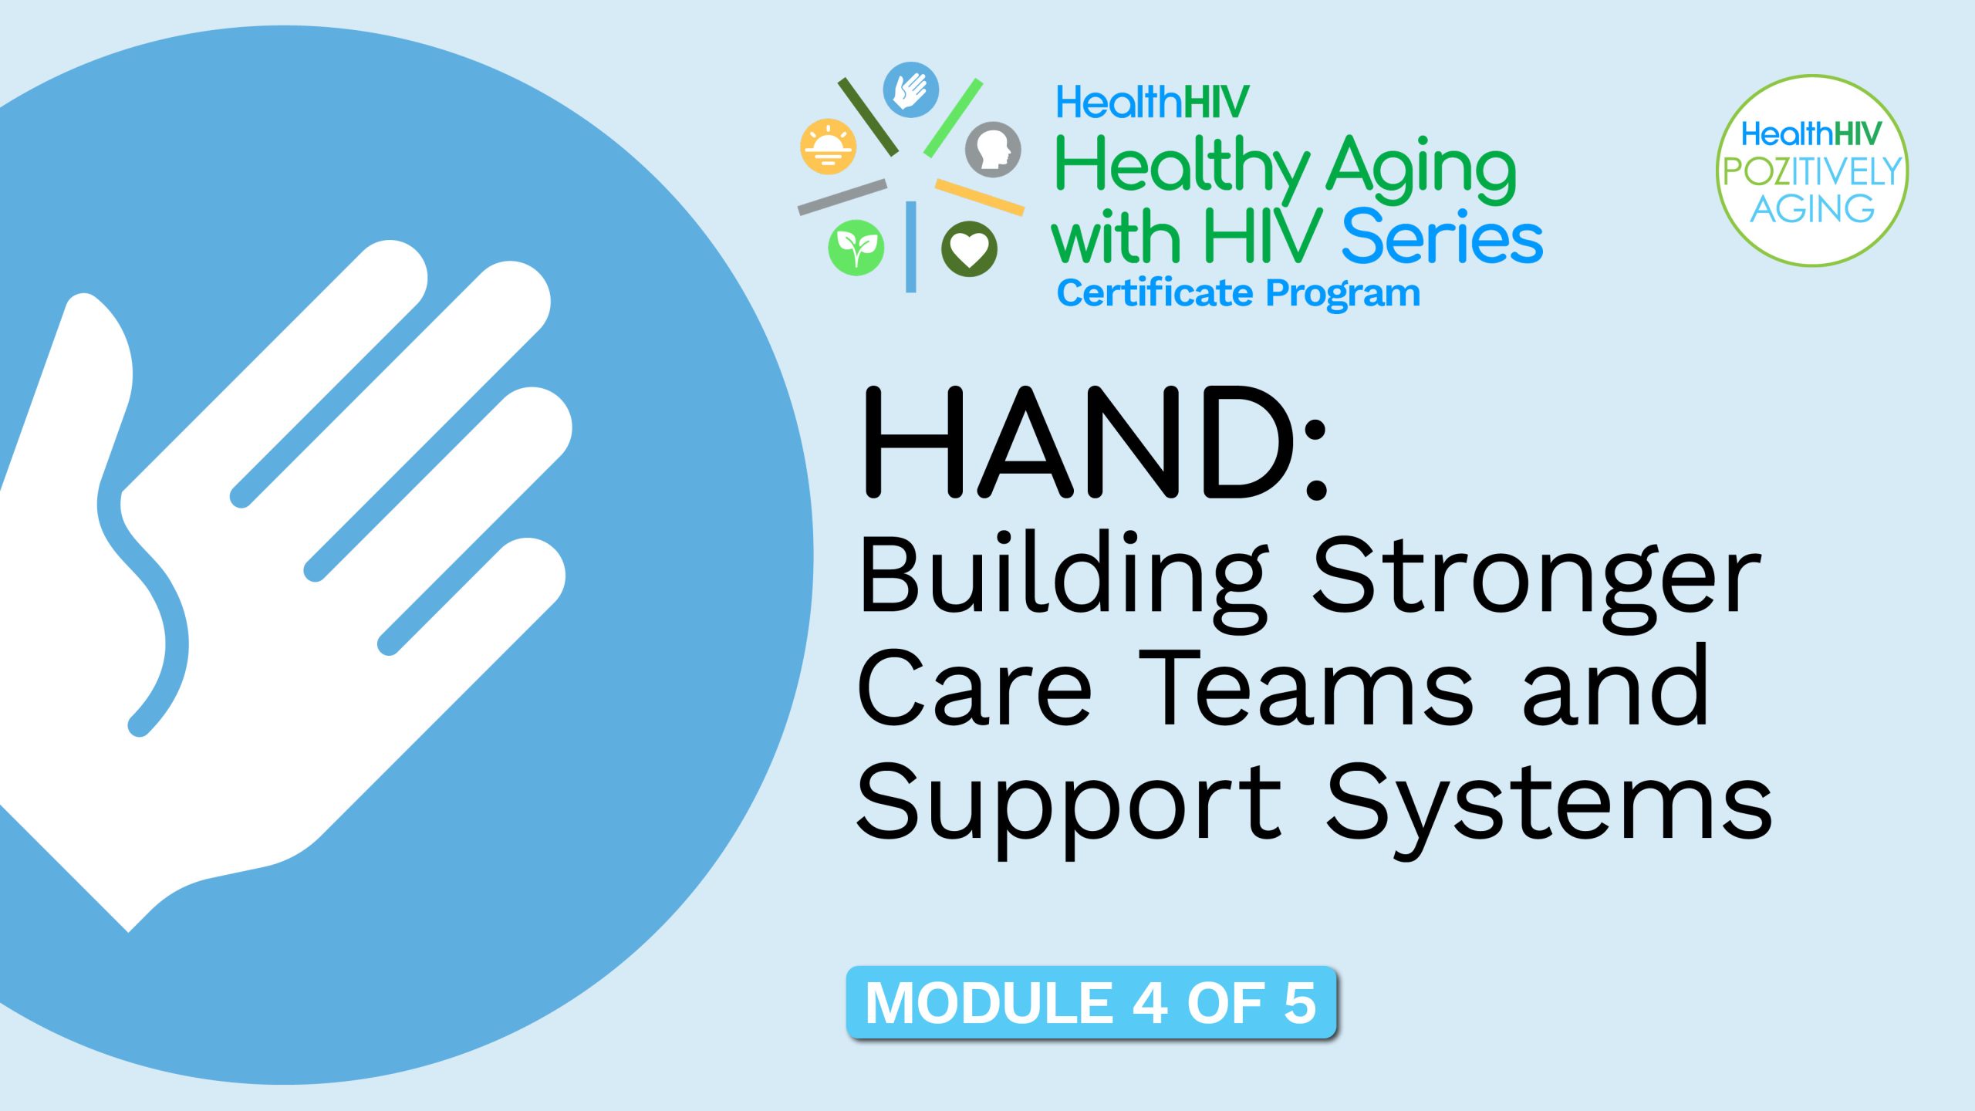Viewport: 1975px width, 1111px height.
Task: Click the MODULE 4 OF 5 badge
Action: [x=1091, y=1002]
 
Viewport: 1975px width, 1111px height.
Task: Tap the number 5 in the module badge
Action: [x=1300, y=1003]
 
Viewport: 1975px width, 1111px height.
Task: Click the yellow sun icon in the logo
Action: [x=828, y=147]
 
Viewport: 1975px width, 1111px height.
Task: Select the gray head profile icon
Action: [x=993, y=149]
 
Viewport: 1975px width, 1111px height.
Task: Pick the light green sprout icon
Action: [x=856, y=248]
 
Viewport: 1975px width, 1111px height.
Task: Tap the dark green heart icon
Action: [x=969, y=248]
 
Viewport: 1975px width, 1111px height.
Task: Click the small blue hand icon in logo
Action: [x=910, y=90]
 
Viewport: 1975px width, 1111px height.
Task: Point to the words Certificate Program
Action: [x=1237, y=293]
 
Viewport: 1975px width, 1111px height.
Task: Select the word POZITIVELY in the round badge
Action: [x=1811, y=171]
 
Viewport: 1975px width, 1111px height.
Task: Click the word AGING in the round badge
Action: [x=1811, y=208]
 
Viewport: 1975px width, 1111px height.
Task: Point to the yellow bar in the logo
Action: [x=979, y=197]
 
